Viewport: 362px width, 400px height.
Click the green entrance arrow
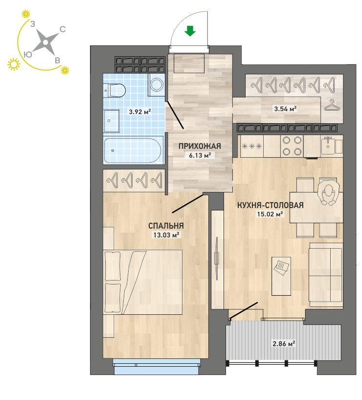click(x=190, y=31)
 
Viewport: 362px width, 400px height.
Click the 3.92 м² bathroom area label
click(x=140, y=112)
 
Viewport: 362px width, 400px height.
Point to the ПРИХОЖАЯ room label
click(x=200, y=146)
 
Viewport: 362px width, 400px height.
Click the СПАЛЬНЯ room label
click(x=166, y=226)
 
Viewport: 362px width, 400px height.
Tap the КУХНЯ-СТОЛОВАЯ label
click(x=270, y=205)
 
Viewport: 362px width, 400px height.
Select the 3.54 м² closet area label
click(x=285, y=109)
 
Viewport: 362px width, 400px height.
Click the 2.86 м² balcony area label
click(x=284, y=344)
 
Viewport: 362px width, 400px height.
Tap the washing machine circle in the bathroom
click(x=157, y=84)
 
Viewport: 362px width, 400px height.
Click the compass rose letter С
click(x=63, y=29)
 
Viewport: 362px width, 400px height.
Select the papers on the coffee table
click(x=281, y=267)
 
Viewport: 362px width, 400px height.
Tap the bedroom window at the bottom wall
click(x=156, y=367)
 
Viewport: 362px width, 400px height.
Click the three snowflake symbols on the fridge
click(x=251, y=146)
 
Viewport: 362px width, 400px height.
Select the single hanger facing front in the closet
click(x=332, y=105)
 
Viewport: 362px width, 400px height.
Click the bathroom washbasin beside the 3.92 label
click(x=112, y=121)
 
